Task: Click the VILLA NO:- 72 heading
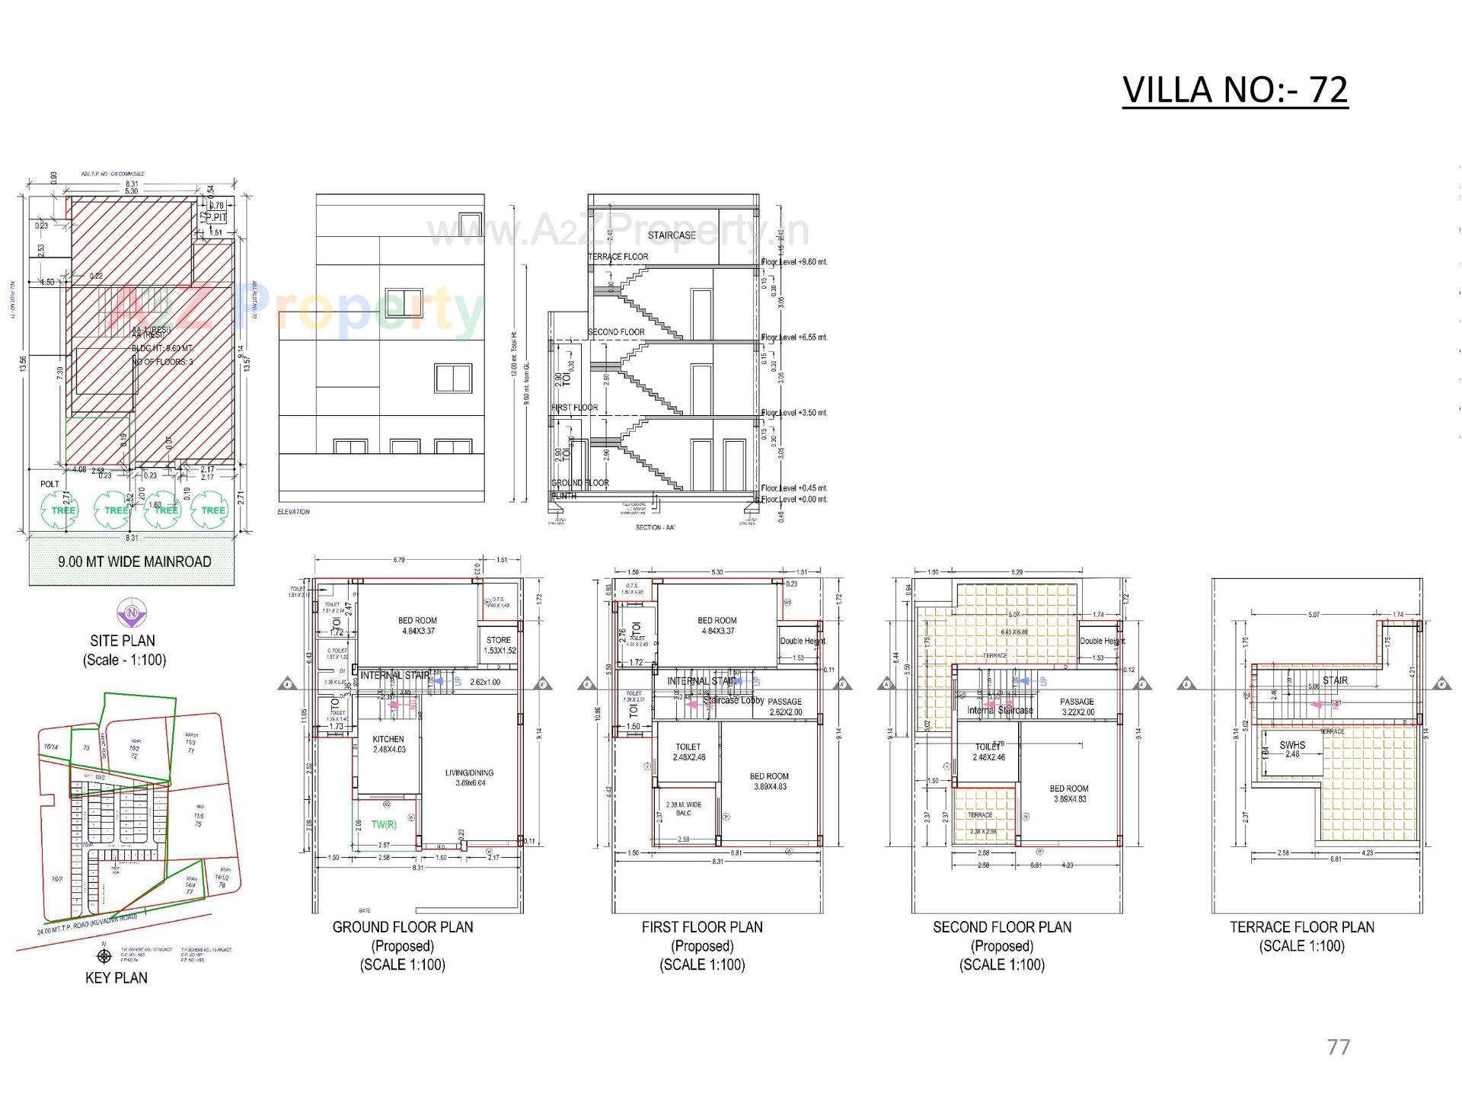pyautogui.click(x=1234, y=90)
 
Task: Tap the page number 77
pyautogui.click(x=1338, y=1047)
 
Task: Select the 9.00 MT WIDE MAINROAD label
pyautogui.click(x=135, y=561)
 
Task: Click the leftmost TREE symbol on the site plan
pyautogui.click(x=63, y=510)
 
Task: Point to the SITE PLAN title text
pyautogui.click(x=122, y=641)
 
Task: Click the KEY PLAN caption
pyautogui.click(x=116, y=977)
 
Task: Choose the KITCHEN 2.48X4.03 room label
pyautogui.click(x=388, y=744)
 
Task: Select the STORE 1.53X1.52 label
pyautogui.click(x=499, y=645)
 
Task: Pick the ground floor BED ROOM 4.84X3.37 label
pyautogui.click(x=417, y=625)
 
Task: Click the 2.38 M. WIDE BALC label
pyautogui.click(x=684, y=808)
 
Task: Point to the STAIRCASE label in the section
pyautogui.click(x=672, y=235)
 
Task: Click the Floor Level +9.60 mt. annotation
pyautogui.click(x=794, y=262)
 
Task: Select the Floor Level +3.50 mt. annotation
pyautogui.click(x=794, y=413)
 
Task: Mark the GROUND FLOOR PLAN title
pyautogui.click(x=402, y=927)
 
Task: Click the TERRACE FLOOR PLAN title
pyautogui.click(x=1302, y=927)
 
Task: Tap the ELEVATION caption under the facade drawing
pyautogui.click(x=294, y=512)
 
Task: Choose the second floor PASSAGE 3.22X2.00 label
pyautogui.click(x=1077, y=707)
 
